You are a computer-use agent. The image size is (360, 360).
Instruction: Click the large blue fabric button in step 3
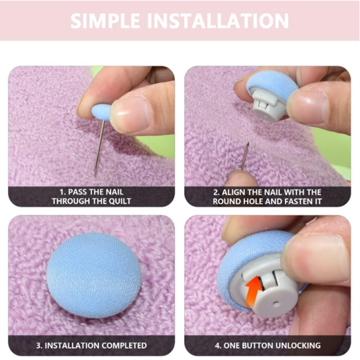click(94, 275)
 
